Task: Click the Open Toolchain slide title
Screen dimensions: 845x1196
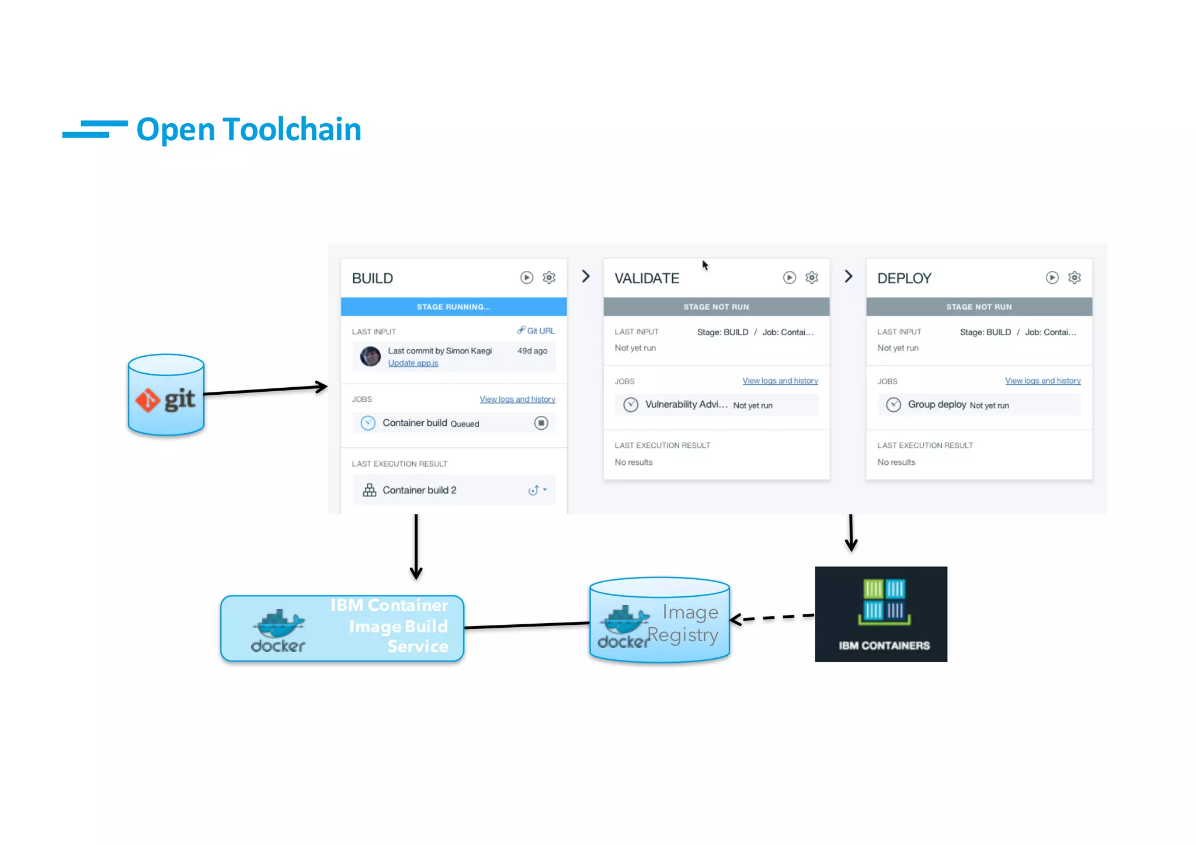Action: (x=248, y=129)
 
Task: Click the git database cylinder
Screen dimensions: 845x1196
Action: (x=166, y=395)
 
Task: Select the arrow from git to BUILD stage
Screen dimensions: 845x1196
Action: (x=266, y=390)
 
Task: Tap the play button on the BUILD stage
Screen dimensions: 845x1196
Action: (x=527, y=277)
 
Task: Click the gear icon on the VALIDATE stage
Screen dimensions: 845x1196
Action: (x=812, y=277)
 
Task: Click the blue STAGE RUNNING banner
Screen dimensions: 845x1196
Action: (x=453, y=307)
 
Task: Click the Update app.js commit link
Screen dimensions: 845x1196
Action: (x=413, y=363)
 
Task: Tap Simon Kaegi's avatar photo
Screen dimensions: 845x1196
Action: (x=370, y=356)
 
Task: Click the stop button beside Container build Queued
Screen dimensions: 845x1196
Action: (x=541, y=423)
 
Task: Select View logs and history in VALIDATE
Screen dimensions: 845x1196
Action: (x=780, y=381)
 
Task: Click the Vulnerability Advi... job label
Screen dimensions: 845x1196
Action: (x=686, y=404)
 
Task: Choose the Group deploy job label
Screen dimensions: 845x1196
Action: (x=937, y=404)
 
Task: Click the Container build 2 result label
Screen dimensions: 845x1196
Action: (x=419, y=490)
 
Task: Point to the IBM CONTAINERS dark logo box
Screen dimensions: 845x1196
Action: (x=881, y=614)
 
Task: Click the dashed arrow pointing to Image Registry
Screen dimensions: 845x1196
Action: (x=772, y=618)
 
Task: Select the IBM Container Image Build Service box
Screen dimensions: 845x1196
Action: (x=342, y=628)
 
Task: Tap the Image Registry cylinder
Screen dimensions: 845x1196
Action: (x=659, y=621)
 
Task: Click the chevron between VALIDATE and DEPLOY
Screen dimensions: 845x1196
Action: (x=849, y=276)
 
